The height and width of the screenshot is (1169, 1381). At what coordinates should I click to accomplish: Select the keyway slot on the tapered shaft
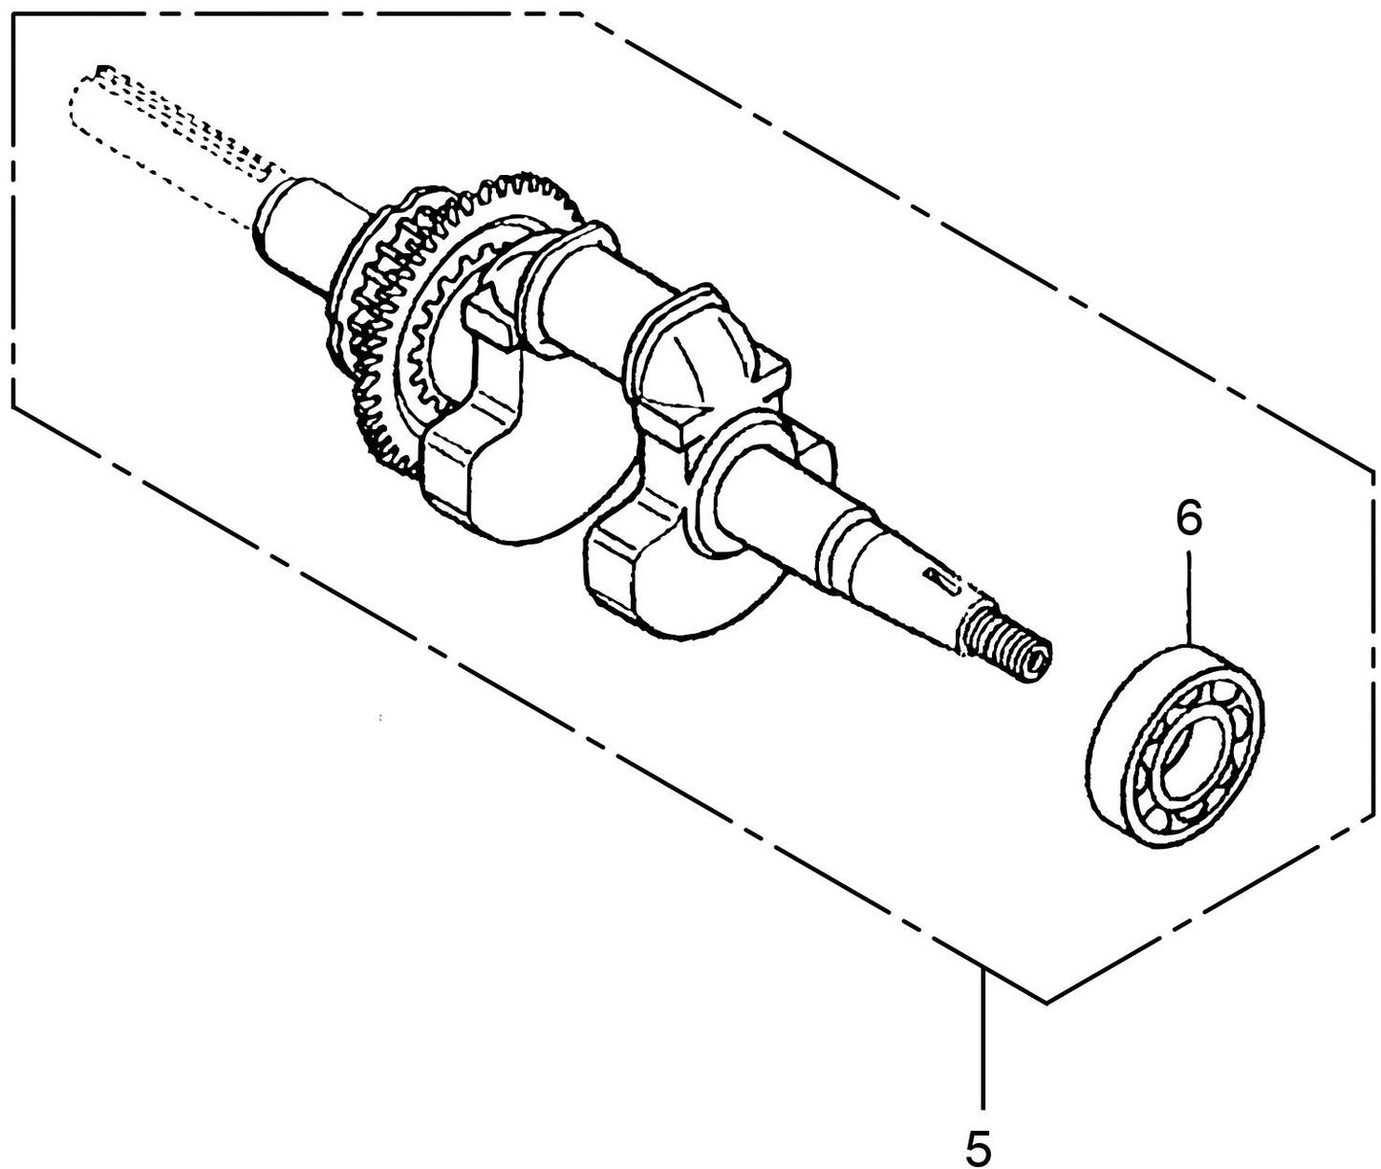(939, 581)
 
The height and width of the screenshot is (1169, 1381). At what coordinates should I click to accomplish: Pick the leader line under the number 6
(1188, 595)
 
